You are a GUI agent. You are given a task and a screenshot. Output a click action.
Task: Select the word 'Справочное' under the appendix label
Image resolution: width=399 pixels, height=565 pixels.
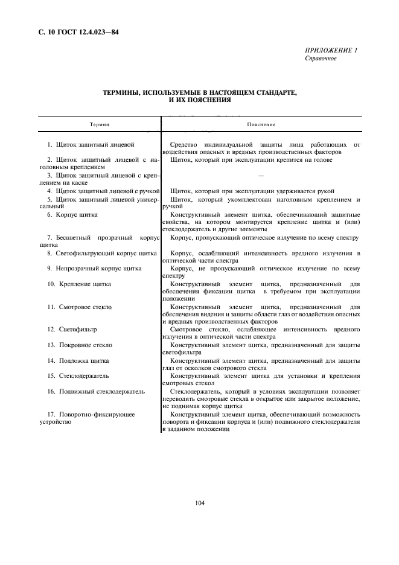pos(321,59)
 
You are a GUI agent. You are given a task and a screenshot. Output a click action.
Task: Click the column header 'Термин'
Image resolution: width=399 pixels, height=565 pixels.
pos(100,124)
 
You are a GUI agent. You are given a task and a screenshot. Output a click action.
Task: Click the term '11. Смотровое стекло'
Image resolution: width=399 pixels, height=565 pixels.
pos(81,307)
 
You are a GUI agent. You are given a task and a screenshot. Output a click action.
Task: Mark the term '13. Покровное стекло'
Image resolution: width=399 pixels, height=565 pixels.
pos(81,345)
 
